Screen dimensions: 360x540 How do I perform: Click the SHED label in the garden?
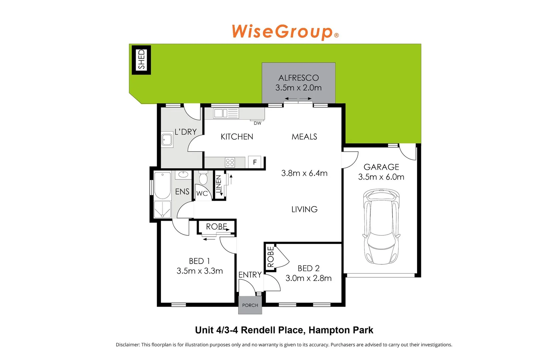click(x=142, y=60)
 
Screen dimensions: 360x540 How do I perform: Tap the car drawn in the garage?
click(x=381, y=227)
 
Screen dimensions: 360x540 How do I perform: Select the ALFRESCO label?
click(x=299, y=78)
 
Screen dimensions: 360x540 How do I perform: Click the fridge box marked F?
click(x=255, y=162)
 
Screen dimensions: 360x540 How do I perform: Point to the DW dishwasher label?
click(x=257, y=123)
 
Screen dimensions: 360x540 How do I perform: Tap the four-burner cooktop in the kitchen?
click(x=230, y=163)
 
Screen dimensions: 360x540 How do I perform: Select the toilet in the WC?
click(x=203, y=178)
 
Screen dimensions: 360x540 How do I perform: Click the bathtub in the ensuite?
click(x=162, y=185)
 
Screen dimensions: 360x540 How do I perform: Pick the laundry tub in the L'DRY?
click(x=167, y=140)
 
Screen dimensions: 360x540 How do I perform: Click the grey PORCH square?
click(x=250, y=305)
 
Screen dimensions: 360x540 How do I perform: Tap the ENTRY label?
click(x=250, y=275)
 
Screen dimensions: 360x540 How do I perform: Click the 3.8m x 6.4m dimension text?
click(x=304, y=173)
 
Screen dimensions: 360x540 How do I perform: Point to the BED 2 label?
click(x=309, y=268)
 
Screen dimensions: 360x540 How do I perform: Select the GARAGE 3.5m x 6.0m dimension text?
click(x=381, y=177)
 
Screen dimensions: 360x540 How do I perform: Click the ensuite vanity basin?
click(x=183, y=174)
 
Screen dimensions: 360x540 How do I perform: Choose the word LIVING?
click(x=304, y=209)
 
